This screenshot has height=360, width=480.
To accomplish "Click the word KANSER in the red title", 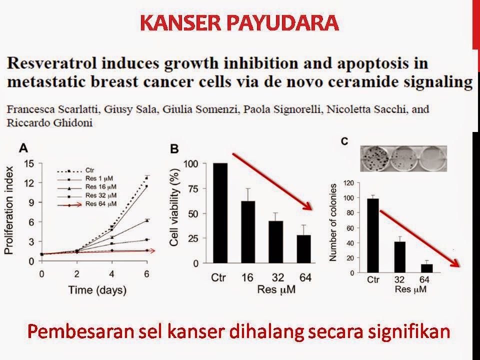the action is [x=180, y=23].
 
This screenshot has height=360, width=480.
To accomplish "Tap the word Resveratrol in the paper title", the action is [x=51, y=63].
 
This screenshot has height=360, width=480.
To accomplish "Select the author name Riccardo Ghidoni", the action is [x=49, y=123].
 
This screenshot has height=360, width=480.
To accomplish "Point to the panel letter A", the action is [x=23, y=148].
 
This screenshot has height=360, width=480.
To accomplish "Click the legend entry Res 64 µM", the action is [x=101, y=204].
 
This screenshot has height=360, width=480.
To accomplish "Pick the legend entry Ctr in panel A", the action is [x=89, y=170].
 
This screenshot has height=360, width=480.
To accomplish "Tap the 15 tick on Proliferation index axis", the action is [x=29, y=164].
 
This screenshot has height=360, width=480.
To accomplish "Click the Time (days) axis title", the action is [x=97, y=289].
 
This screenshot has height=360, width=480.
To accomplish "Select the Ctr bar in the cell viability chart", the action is [x=220, y=213].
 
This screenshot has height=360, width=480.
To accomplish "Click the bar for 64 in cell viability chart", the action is [x=303, y=249].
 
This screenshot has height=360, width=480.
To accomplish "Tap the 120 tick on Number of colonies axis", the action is [x=349, y=183].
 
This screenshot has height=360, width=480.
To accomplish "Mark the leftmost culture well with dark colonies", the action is [x=375, y=158].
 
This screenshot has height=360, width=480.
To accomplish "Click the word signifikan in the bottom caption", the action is [x=409, y=332].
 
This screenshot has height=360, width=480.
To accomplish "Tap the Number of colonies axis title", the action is [x=333, y=222].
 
